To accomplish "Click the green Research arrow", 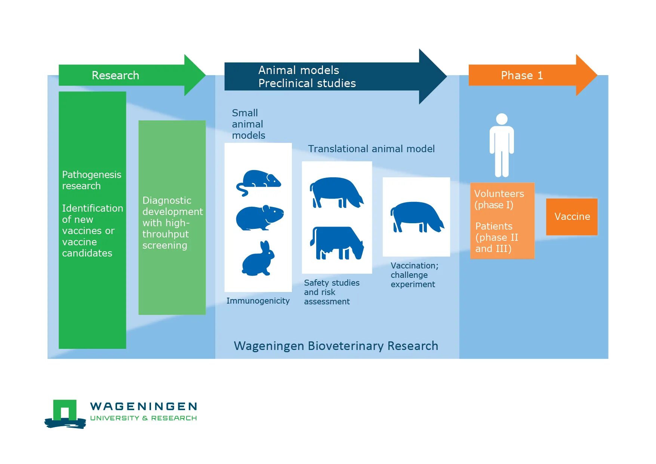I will [127, 75].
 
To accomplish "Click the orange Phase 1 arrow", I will [527, 75].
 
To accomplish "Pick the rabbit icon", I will [258, 259].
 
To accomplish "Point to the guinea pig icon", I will [259, 218].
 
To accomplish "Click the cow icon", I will [336, 243].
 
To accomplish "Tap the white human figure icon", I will [501, 145].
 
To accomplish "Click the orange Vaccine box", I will [572, 216].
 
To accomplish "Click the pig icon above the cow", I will [336, 192].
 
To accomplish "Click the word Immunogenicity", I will [258, 301].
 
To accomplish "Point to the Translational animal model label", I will [371, 149].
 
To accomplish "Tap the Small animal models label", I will [248, 124].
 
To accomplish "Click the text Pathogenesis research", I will [91, 180].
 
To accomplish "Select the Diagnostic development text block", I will [172, 222].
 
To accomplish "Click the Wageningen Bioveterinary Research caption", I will [336, 346].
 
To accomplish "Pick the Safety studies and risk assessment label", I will [331, 292].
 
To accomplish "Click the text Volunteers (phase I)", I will [499, 199].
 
